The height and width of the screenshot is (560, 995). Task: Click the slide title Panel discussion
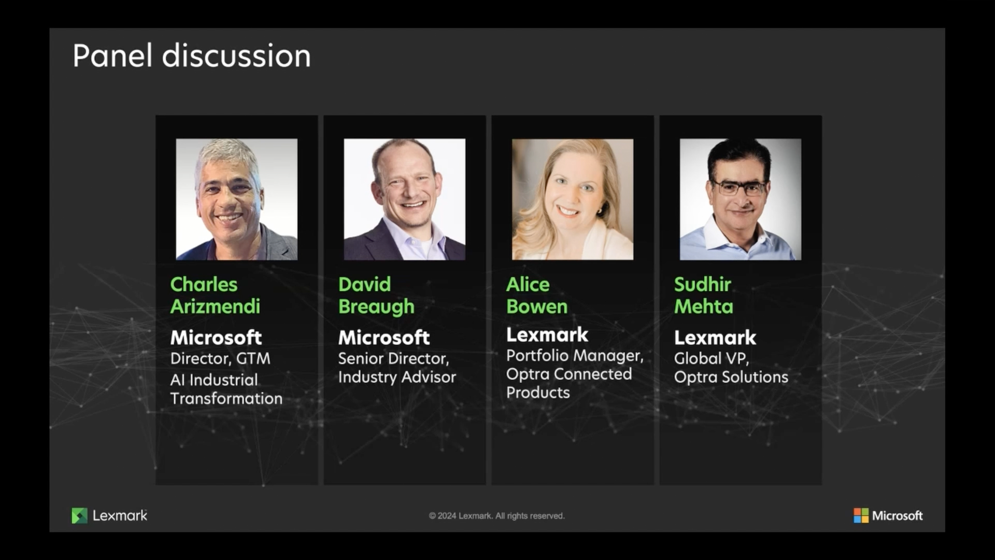192,55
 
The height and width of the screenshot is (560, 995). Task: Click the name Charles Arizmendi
215,296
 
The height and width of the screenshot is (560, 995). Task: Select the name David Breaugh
376,296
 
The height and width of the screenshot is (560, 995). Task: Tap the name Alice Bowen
537,296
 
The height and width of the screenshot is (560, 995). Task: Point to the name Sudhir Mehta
704,296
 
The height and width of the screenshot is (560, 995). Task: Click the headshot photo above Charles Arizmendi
237,199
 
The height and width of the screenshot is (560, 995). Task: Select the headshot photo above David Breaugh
405,199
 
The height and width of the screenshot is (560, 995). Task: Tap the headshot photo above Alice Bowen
573,199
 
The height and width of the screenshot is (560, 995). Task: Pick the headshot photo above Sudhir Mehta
741,199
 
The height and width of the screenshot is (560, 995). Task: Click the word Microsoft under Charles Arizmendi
216,338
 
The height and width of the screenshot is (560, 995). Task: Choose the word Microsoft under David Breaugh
384,338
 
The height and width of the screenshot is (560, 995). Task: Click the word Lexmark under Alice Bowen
547,335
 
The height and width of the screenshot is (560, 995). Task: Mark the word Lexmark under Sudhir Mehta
715,338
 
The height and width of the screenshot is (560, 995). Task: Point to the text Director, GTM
220,359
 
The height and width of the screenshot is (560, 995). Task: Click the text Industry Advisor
397,377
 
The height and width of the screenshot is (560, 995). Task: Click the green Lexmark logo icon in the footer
79,515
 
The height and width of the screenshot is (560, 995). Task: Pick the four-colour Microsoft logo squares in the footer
861,515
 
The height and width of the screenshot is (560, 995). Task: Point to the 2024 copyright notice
496,516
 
